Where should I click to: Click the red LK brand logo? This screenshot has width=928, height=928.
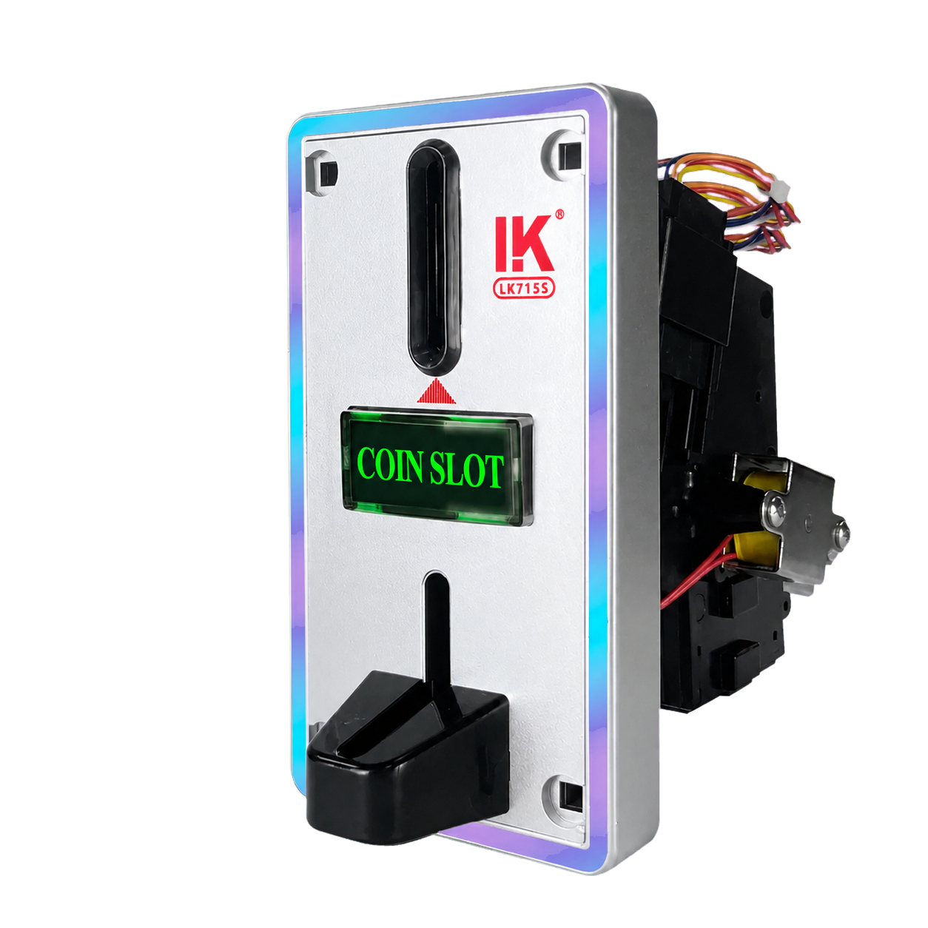[523, 243]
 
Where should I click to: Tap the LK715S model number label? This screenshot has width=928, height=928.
[524, 289]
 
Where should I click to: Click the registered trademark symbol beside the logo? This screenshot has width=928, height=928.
[559, 215]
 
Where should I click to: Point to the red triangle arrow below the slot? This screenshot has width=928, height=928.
[436, 391]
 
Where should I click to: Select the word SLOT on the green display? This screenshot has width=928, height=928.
[466, 469]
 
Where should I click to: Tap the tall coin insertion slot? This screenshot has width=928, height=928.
[434, 258]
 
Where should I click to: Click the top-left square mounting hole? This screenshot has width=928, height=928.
[329, 172]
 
